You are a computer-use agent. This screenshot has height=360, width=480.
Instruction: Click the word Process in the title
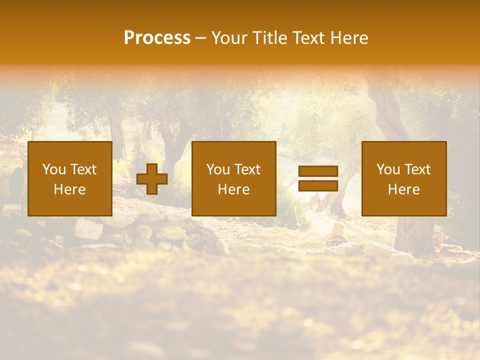click(157, 38)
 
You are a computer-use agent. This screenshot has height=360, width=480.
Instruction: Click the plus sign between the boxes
click(152, 179)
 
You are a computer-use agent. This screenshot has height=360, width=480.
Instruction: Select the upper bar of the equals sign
click(318, 171)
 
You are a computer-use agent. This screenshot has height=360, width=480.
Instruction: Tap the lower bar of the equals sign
click(318, 185)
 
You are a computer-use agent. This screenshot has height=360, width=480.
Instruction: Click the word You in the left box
click(53, 169)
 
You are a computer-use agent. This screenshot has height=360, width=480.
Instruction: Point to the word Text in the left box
click(82, 169)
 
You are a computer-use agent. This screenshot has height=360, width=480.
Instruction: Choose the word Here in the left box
click(69, 189)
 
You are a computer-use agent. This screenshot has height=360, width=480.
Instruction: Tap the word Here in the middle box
click(233, 189)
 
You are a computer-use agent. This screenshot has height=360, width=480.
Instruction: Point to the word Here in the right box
click(403, 189)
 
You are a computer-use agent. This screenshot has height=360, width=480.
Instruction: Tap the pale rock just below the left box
click(89, 229)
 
